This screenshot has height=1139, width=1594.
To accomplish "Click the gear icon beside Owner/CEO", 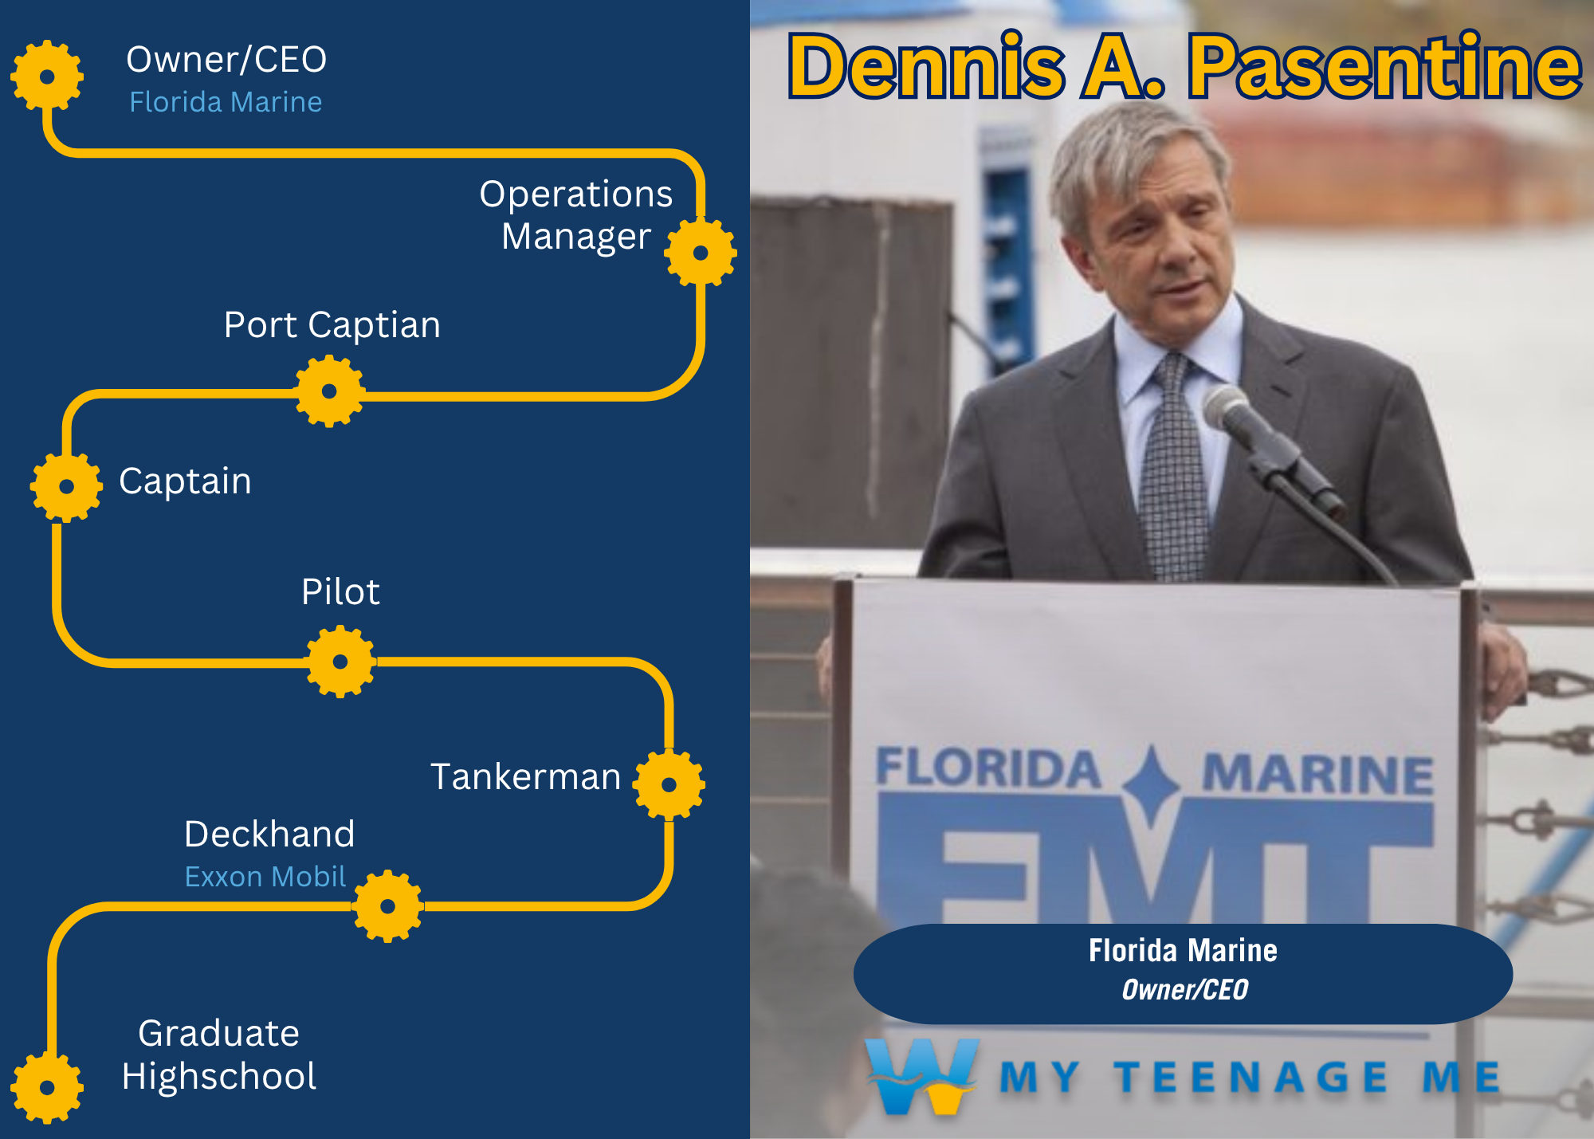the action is click(x=47, y=77).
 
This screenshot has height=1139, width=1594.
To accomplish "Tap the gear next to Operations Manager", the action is click(x=701, y=253).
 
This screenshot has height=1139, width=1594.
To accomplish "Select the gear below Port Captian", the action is click(x=329, y=391).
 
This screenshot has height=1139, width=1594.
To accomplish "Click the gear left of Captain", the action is click(x=66, y=486).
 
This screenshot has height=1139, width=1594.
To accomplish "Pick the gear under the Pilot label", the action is click(x=340, y=662).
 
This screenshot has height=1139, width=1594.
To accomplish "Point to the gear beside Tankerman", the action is click(x=669, y=784).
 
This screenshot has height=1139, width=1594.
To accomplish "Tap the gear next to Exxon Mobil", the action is click(x=387, y=906).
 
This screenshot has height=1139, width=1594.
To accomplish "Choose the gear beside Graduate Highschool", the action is click(x=47, y=1087).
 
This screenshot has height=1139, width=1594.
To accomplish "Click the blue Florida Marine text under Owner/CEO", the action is click(x=226, y=102).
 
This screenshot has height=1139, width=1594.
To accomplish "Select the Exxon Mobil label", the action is click(x=265, y=877).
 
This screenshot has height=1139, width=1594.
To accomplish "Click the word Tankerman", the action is click(x=526, y=776).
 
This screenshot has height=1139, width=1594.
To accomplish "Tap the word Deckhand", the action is click(x=269, y=835).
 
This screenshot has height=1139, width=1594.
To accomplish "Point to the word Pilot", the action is click(x=340, y=592).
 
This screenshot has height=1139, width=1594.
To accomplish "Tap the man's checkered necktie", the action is click(x=1172, y=470).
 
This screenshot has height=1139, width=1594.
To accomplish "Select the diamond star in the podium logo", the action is click(x=1152, y=785).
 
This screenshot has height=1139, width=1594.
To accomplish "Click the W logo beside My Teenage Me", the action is click(x=922, y=1076).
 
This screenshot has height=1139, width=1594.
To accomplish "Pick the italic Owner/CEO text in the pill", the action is click(x=1184, y=990).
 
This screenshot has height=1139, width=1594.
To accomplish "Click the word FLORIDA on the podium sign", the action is click(x=988, y=769).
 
